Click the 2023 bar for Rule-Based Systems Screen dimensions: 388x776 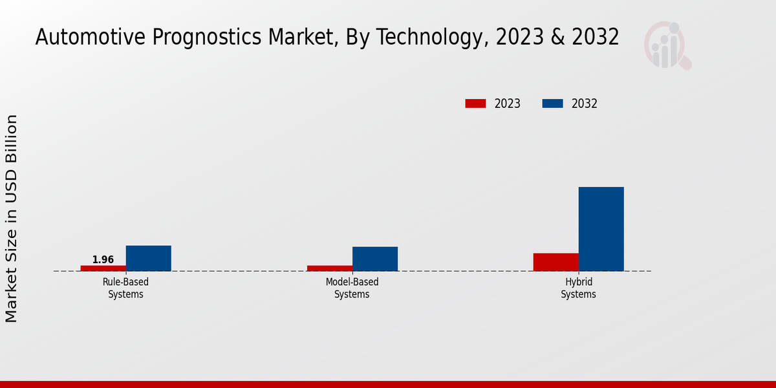tap(103, 268)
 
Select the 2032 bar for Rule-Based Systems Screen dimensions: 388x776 tap(149, 258)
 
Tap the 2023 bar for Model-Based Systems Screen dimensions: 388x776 tap(330, 268)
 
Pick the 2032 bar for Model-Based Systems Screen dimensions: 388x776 tap(375, 259)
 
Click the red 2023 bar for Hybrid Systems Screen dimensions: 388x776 tap(556, 262)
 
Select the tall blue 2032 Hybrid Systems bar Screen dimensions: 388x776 tap(601, 229)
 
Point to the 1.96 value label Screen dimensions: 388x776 tap(103, 260)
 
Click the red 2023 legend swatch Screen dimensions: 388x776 tap(475, 103)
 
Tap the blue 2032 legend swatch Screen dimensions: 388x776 tap(552, 103)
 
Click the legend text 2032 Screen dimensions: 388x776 tap(585, 103)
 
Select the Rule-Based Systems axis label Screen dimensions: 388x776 tap(125, 288)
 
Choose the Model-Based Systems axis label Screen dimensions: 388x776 tap(352, 288)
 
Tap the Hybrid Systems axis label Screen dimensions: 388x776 tap(578, 288)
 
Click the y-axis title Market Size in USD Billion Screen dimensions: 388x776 tap(12, 219)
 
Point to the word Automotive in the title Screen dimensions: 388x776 tap(91, 38)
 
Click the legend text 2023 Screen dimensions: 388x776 tap(508, 103)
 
